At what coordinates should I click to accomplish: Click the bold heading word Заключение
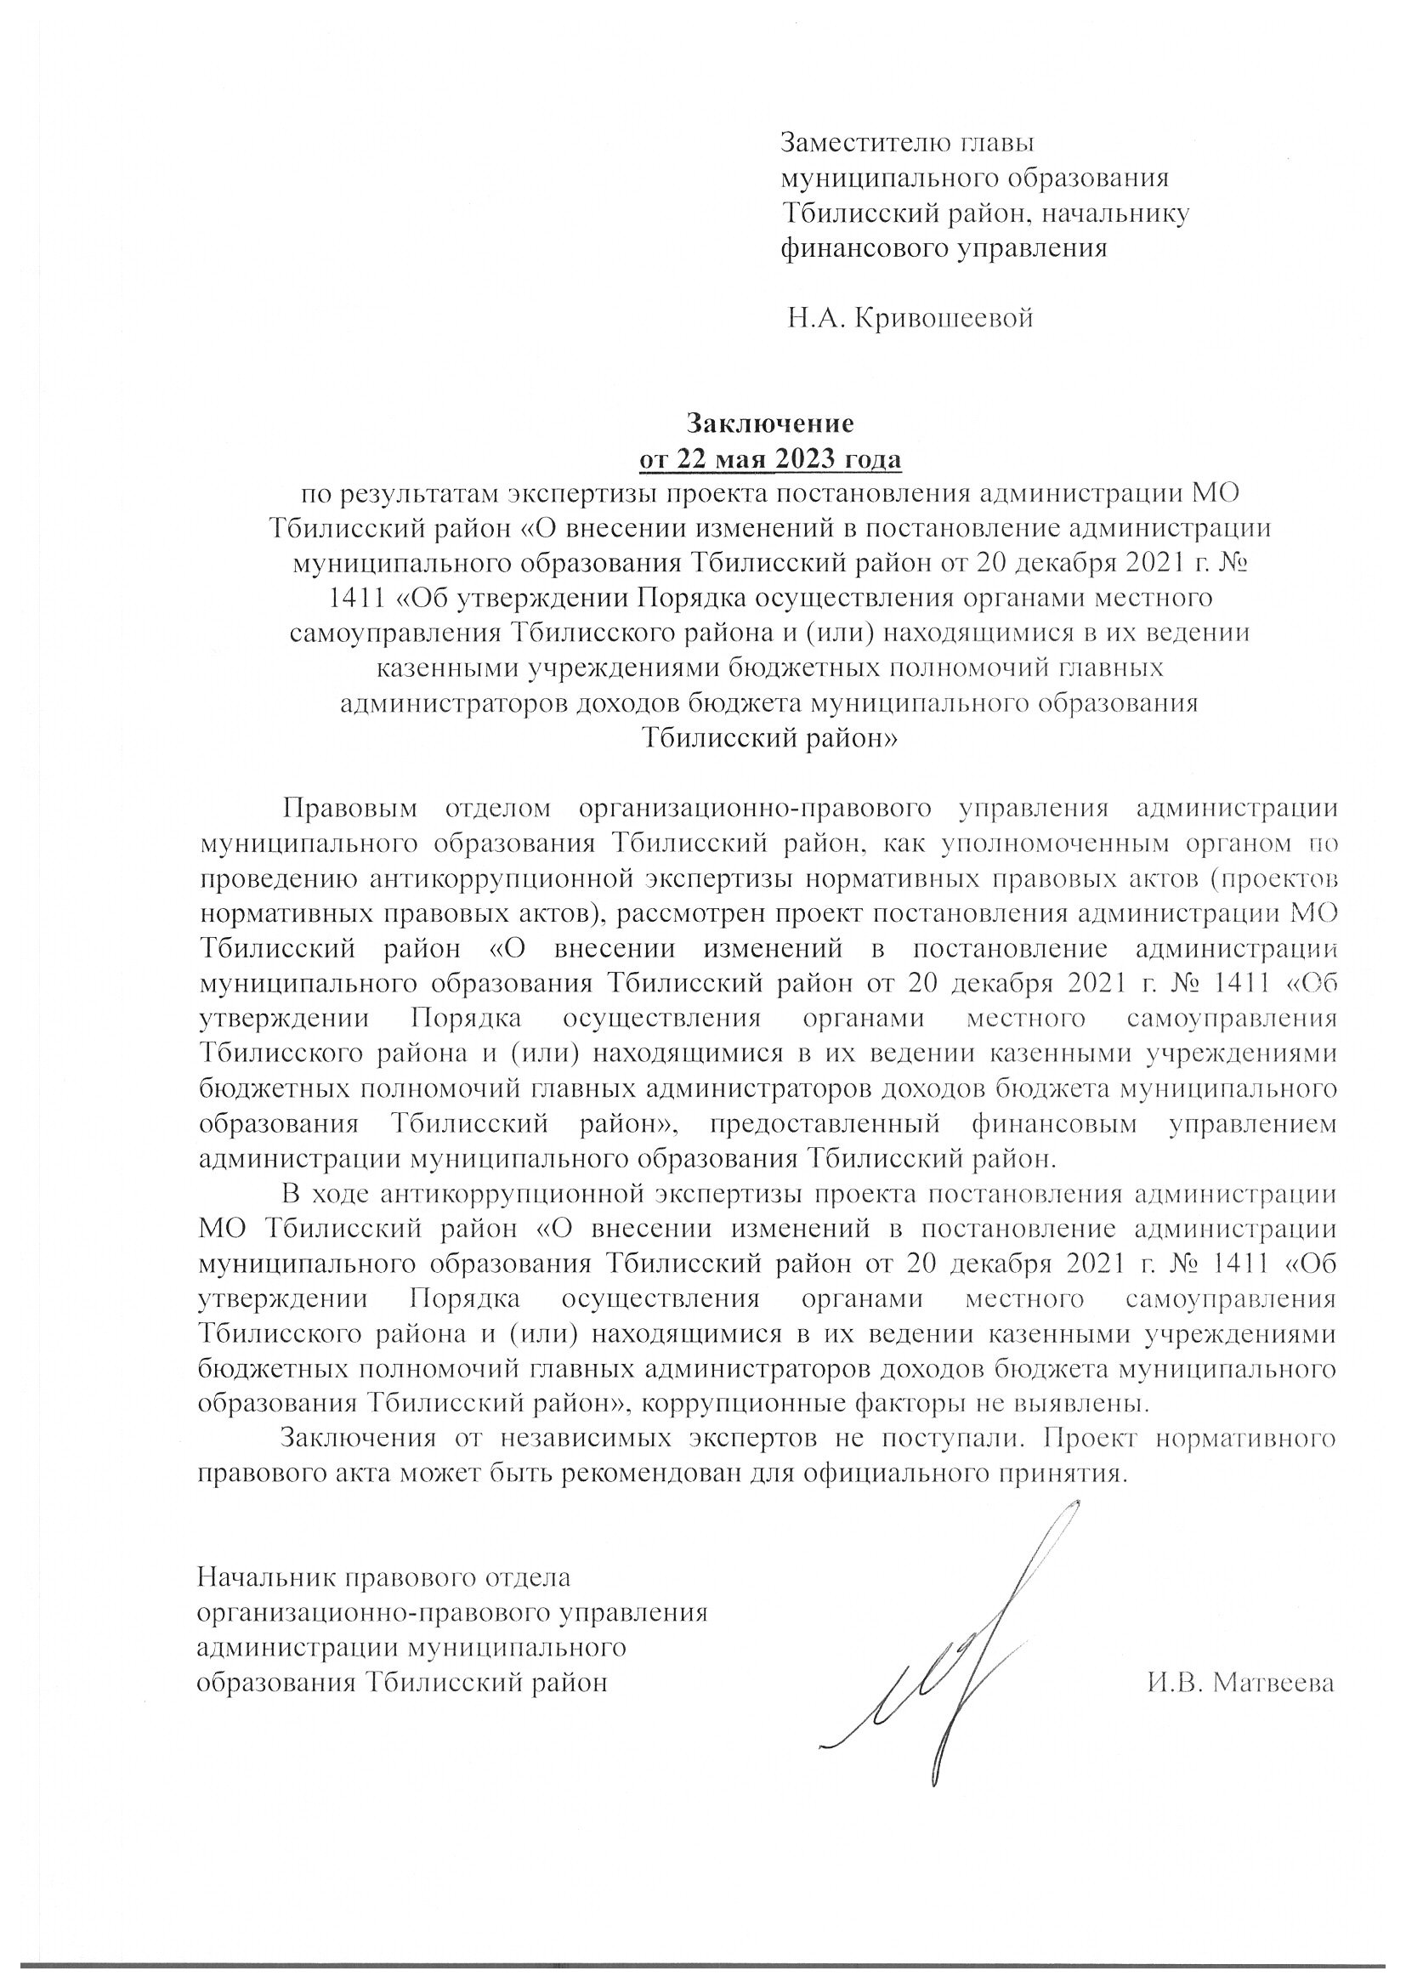click(x=769, y=423)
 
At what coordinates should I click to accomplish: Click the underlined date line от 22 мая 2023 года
click(x=769, y=459)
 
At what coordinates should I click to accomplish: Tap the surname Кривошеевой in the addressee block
click(x=943, y=320)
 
